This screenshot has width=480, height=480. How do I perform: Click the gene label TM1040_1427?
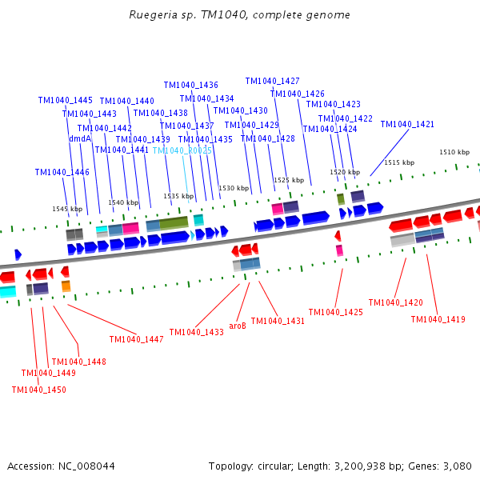(272, 81)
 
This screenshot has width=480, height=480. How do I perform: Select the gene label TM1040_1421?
(407, 124)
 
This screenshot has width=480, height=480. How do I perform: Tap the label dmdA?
(80, 138)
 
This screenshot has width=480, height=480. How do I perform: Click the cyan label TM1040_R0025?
(182, 150)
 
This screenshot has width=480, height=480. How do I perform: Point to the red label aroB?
(238, 326)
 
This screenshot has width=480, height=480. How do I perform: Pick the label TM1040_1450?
(38, 390)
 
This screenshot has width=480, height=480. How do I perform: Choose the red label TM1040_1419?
(438, 319)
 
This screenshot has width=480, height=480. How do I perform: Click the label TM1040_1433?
(196, 332)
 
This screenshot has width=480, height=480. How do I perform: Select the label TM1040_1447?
(136, 339)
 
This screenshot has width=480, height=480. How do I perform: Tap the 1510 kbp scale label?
(454, 152)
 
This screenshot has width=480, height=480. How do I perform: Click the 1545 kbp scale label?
(67, 209)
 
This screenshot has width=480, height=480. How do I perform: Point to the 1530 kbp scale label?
(234, 188)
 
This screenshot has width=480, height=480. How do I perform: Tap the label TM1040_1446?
(62, 172)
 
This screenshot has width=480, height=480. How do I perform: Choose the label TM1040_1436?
(190, 85)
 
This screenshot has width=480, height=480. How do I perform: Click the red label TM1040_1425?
(335, 312)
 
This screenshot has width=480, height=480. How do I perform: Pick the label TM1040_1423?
(333, 104)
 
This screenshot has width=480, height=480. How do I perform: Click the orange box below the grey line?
(66, 286)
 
